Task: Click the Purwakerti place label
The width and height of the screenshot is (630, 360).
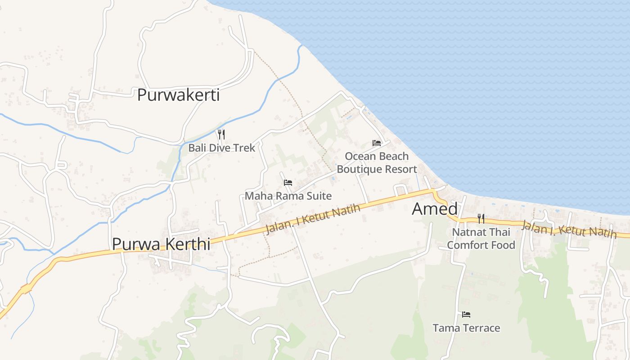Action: point(178,95)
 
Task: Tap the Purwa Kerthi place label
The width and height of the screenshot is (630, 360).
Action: point(161,244)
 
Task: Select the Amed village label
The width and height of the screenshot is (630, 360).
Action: point(435,209)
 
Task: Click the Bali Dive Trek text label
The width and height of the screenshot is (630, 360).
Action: point(221,148)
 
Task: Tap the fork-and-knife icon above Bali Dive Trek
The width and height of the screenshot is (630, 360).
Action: point(221,134)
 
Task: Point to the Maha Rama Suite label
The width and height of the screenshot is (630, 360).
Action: point(288,196)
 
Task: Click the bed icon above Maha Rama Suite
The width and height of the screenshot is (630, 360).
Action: point(288,183)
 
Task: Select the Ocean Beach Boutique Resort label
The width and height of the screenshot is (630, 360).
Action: point(377,162)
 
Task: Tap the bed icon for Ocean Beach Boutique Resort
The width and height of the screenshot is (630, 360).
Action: point(377,143)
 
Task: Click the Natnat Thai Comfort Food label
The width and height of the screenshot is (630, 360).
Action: point(481,238)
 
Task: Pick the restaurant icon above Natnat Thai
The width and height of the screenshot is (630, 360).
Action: point(481,219)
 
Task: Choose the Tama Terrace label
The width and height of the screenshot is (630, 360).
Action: point(466,328)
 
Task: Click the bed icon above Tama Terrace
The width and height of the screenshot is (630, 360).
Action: point(466,314)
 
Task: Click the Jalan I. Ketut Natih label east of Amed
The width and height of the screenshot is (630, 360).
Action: point(569,229)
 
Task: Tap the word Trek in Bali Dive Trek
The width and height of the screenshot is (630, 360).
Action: point(245,148)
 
